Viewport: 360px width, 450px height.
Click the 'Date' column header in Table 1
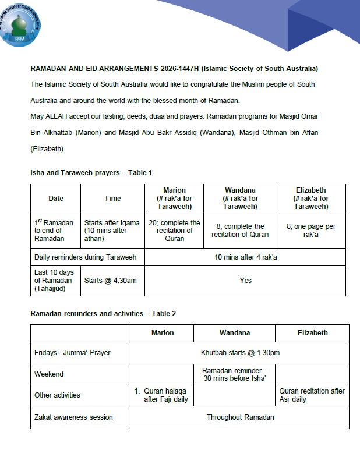coord(56,199)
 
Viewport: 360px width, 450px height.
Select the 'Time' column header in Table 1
coord(113,199)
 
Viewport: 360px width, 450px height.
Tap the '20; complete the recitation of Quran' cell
coord(174,231)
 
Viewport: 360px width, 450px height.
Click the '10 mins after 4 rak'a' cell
coord(245,257)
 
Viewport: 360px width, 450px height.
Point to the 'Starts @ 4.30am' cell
coord(111,281)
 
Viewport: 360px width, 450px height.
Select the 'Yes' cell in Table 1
coord(245,281)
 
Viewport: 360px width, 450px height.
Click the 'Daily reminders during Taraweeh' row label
coord(86,257)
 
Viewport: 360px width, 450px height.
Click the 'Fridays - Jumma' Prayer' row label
coord(72,352)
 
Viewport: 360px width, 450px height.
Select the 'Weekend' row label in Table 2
coord(49,374)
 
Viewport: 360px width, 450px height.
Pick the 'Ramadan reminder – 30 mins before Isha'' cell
coord(234,374)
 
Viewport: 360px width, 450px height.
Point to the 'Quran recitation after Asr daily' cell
coord(312,395)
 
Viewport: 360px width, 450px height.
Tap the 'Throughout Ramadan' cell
coord(240,417)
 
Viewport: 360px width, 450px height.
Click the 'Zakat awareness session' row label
coord(73,417)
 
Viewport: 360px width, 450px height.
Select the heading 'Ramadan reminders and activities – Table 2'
coord(103,314)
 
